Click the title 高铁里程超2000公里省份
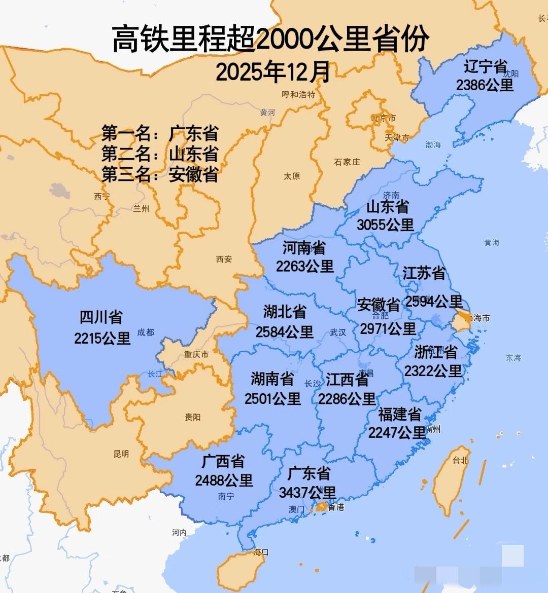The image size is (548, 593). coord(270,40)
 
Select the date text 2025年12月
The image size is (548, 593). coord(273,72)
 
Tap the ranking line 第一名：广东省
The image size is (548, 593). coord(160,134)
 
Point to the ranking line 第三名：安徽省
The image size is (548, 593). coord(160,174)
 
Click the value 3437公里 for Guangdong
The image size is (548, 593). coord(307,492)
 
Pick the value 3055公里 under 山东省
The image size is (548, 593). coord(385,225)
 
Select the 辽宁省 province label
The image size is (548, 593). coord(485,67)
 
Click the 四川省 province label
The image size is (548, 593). coord(101,318)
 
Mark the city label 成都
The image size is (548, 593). coord(146,332)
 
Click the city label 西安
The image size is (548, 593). coord(224,259)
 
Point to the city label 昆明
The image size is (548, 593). coord(121,454)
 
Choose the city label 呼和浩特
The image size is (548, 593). coord(298,94)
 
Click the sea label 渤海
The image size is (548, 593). coord(433,145)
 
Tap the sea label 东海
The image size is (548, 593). coord(513,358)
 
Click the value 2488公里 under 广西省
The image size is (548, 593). coord(224,480)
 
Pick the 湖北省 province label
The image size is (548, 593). coord(285,312)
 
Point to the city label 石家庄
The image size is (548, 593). coord(347,162)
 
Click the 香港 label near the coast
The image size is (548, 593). coord(336,507)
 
